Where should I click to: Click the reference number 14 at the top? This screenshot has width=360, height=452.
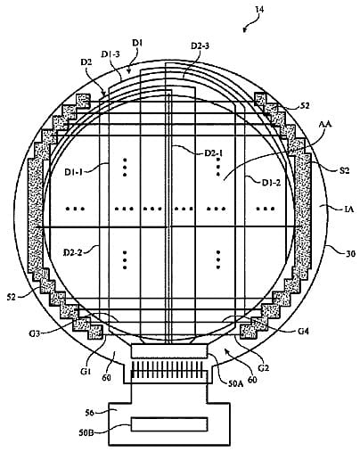tap(259, 10)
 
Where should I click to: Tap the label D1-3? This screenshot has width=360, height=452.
tap(110, 54)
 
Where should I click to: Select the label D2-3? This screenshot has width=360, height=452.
tap(200, 46)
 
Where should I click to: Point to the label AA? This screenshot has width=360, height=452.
tap(325, 125)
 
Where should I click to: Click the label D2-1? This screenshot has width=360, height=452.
tap(214, 153)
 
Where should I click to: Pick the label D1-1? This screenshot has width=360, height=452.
tap(74, 171)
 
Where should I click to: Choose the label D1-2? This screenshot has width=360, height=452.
tap(271, 183)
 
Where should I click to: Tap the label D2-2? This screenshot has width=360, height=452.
tap(74, 253)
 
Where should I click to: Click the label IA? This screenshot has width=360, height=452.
tap(349, 210)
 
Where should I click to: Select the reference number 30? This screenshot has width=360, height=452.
tap(350, 253)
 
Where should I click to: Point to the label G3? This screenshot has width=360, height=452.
tap(35, 333)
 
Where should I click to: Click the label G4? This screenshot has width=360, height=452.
tap(303, 331)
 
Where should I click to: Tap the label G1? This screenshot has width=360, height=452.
tap(86, 371)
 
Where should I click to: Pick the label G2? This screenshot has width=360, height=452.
tap(264, 368)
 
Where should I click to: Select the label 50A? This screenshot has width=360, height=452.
tap(235, 383)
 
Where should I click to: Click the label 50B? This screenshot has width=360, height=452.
tap(86, 432)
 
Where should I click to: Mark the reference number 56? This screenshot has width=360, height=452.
tap(89, 413)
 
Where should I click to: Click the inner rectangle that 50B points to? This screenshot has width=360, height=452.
tap(169, 424)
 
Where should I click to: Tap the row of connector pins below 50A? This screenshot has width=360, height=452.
tap(169, 369)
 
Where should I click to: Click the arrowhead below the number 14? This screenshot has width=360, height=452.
tap(244, 29)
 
